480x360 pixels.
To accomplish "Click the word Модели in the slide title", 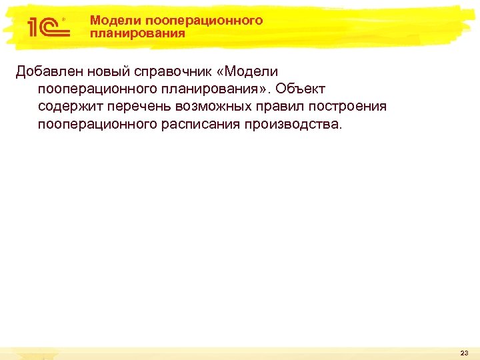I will click(109, 21).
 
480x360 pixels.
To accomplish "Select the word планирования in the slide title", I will click(138, 33).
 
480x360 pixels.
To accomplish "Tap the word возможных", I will click(213, 106).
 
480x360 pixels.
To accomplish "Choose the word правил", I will click(280, 106).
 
